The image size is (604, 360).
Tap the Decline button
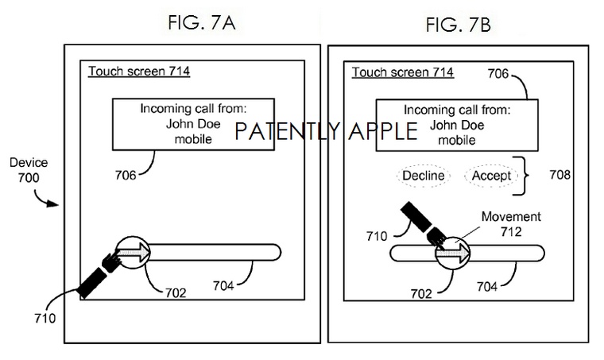pos(423,175)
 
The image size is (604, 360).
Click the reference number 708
pos(559,174)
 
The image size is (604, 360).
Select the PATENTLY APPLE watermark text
pos(326,131)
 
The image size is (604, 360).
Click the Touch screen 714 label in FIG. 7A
pos(138,72)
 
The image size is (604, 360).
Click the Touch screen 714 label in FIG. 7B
pos(402,72)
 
